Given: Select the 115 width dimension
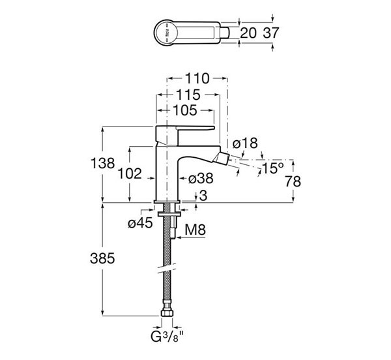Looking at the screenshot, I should click(188, 95).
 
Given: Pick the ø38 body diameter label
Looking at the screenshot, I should click(201, 177).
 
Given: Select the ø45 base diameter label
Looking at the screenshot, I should click(140, 223).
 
